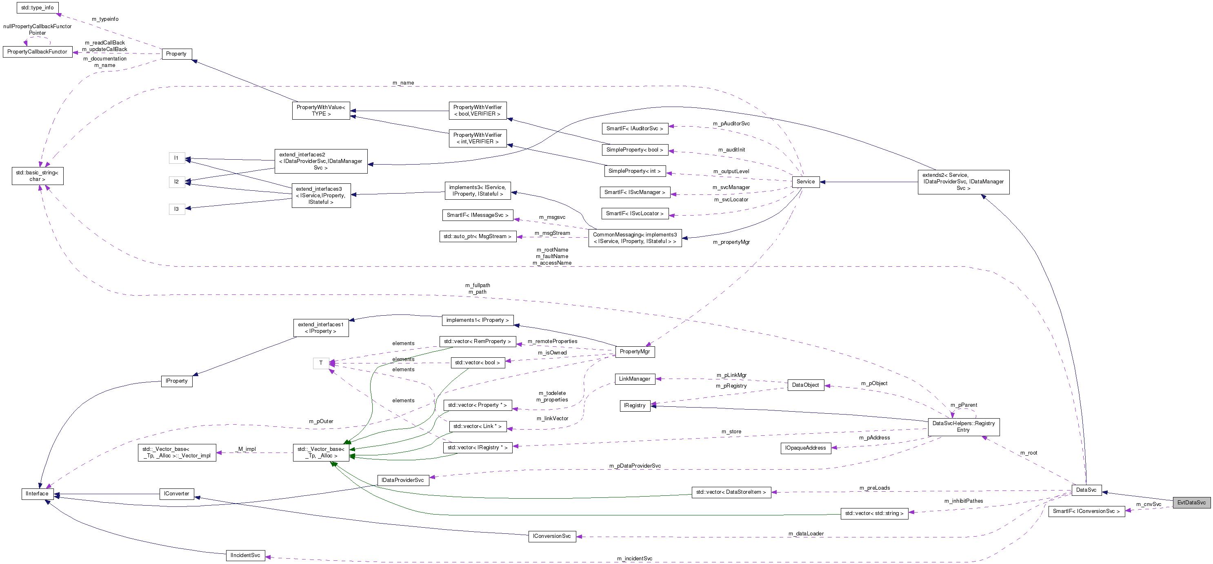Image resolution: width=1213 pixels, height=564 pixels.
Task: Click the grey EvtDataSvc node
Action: click(x=1191, y=502)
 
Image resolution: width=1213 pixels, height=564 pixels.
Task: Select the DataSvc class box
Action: click(x=1086, y=490)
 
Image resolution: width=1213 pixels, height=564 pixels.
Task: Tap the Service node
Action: click(x=805, y=181)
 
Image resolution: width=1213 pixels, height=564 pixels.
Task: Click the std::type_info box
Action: click(x=37, y=7)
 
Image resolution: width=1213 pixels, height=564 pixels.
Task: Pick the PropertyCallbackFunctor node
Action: click(x=37, y=51)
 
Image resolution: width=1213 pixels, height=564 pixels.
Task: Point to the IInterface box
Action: click(x=37, y=493)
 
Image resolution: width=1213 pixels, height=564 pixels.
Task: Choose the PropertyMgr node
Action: click(x=634, y=352)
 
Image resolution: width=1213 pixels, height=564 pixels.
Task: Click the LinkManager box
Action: click(x=634, y=379)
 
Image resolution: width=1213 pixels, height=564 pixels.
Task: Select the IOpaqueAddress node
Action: click(x=805, y=448)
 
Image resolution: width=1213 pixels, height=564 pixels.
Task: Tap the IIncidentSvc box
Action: click(x=245, y=555)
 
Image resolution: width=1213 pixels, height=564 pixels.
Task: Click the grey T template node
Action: click(x=321, y=363)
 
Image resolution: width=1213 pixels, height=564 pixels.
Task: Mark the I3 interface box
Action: click(x=177, y=209)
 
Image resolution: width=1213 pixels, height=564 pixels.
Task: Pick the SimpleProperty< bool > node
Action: click(x=634, y=150)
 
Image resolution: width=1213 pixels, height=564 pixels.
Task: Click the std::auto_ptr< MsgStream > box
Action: click(x=477, y=236)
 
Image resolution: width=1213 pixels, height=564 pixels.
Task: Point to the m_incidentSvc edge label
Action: click(x=634, y=558)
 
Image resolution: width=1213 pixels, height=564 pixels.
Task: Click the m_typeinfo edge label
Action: click(x=105, y=19)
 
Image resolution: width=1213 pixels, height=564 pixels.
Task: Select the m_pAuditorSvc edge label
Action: click(x=731, y=123)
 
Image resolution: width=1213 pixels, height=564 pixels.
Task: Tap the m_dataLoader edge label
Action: click(x=806, y=533)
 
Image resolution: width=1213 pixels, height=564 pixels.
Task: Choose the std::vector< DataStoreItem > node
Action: click(x=731, y=492)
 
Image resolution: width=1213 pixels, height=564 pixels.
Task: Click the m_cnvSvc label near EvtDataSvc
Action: click(x=1149, y=504)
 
